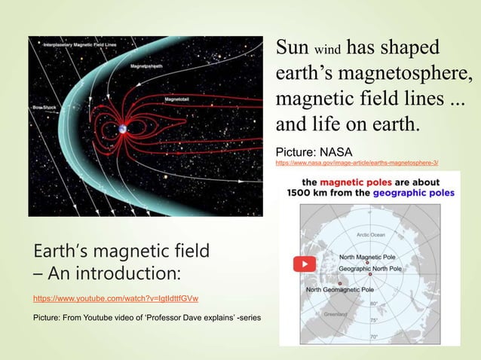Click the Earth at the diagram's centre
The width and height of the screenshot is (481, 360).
(x=121, y=129)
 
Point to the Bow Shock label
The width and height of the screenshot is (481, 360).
(x=44, y=108)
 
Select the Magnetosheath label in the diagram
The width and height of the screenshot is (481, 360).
(x=146, y=66)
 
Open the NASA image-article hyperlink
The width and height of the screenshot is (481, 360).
(x=357, y=162)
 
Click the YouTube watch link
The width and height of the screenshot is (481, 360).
(x=115, y=299)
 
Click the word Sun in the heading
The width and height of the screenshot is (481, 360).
(x=292, y=47)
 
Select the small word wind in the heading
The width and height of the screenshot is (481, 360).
(x=327, y=50)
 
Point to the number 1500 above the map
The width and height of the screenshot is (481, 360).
(x=305, y=194)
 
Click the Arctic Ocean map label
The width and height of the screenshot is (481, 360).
(x=369, y=235)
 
